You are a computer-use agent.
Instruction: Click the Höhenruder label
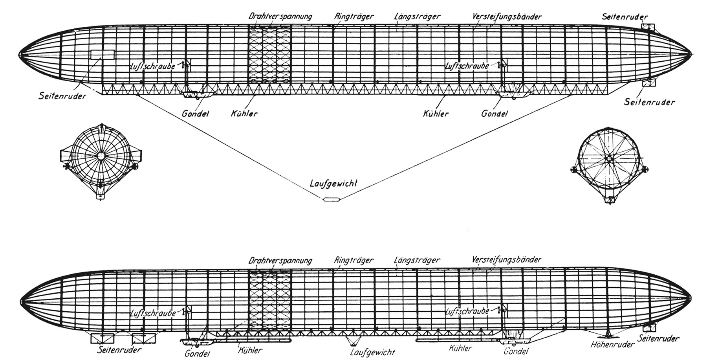612,344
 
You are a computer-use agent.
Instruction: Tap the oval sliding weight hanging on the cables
331,200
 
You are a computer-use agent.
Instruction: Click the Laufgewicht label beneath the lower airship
372,352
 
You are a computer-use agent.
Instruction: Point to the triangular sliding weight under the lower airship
353,340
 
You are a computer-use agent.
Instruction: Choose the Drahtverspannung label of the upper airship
280,17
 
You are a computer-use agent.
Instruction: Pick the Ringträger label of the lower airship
354,260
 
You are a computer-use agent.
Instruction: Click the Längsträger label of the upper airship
417,17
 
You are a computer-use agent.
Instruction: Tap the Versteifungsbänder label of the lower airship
507,260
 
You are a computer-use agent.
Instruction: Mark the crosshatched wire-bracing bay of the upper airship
269,55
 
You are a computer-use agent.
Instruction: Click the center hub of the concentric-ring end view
101,156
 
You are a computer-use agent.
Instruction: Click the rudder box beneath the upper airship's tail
648,83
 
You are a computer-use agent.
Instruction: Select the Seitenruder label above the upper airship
625,17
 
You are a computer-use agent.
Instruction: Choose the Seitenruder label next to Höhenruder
659,338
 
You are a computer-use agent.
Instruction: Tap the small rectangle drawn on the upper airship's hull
102,54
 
